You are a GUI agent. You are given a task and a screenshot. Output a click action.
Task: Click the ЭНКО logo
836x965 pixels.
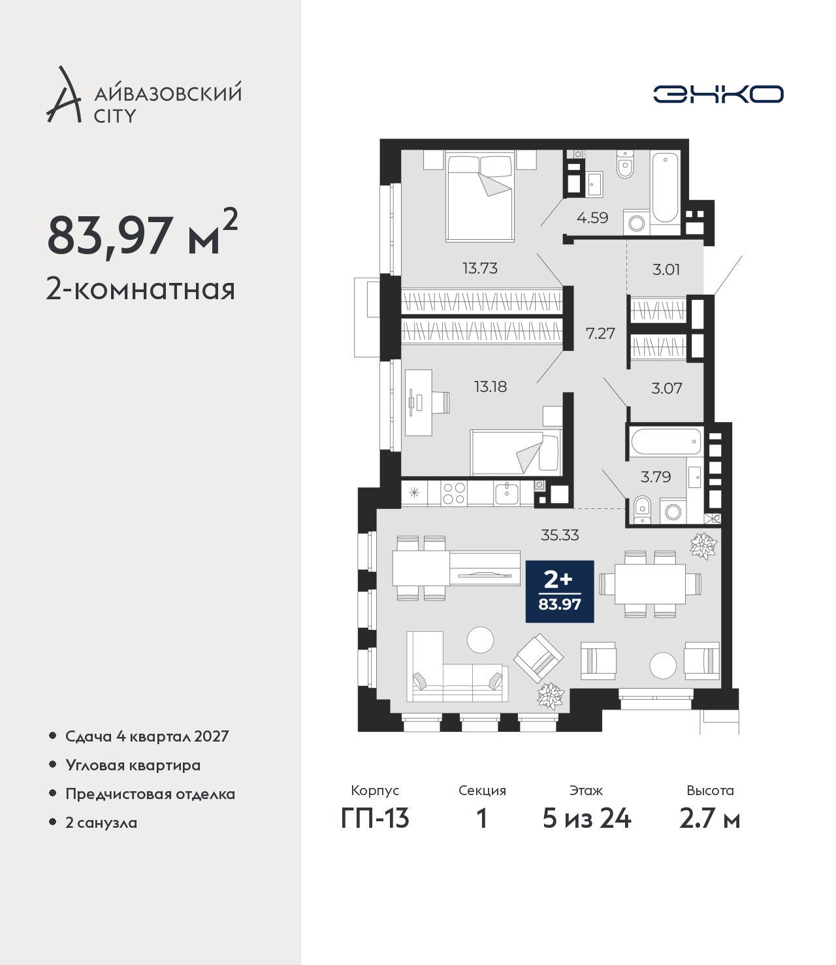(718, 94)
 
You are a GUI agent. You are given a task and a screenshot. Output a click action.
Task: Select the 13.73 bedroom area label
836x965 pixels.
(480, 269)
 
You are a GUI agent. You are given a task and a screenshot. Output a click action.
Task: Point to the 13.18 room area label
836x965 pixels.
(490, 387)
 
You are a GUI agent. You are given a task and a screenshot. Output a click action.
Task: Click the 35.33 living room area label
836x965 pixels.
(560, 535)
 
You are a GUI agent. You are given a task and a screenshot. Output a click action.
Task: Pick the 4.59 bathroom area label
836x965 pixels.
(592, 218)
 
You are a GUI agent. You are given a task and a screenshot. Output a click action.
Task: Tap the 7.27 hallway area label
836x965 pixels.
(600, 333)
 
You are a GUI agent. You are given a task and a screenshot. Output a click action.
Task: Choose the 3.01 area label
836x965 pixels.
(666, 269)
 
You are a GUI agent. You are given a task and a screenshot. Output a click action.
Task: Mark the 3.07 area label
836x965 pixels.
(667, 388)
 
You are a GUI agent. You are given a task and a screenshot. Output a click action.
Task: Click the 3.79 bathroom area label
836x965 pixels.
(655, 477)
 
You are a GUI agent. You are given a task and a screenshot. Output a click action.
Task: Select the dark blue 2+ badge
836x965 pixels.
(560, 591)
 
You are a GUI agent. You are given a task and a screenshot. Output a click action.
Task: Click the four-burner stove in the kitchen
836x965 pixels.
(454, 494)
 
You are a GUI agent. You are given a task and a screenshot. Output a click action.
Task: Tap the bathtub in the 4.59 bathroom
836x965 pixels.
(665, 188)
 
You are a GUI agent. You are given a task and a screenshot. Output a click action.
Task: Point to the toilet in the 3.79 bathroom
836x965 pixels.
(643, 510)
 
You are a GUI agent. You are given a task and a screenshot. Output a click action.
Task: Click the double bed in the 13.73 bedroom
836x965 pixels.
(480, 196)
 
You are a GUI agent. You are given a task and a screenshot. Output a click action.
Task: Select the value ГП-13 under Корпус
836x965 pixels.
(375, 832)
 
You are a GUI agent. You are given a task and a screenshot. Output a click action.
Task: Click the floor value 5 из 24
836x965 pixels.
(587, 832)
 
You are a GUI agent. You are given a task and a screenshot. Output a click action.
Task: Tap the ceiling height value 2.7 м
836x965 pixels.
(709, 832)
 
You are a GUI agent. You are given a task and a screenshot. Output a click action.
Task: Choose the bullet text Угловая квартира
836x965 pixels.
(133, 765)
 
